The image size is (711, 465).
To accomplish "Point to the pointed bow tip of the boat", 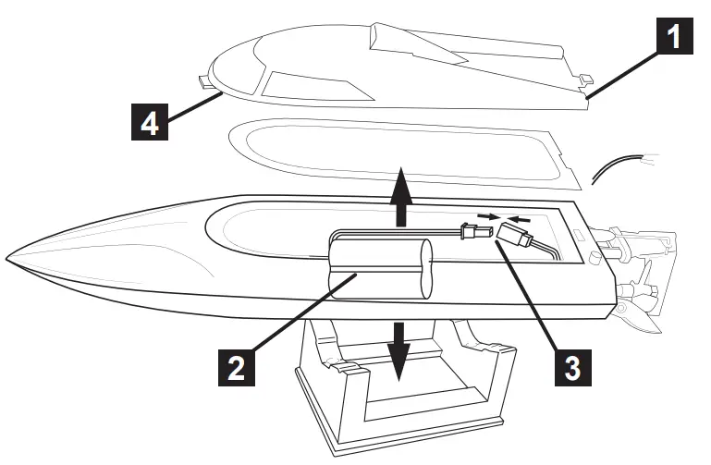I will pos(7,255).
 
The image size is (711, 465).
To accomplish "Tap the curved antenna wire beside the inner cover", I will pos(618,167).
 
